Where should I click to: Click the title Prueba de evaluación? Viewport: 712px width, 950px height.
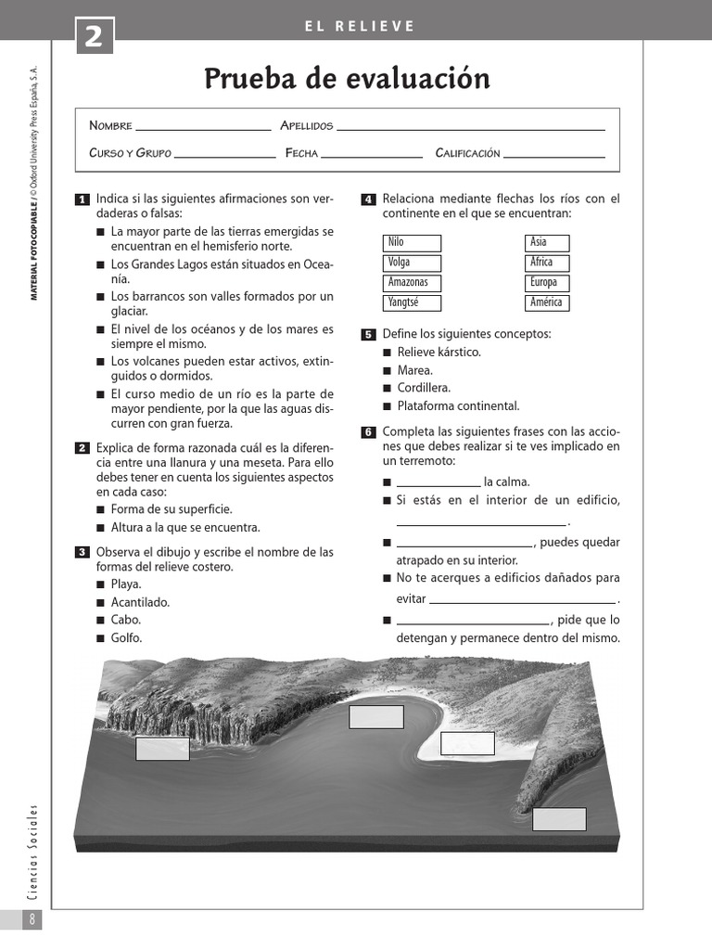click(x=347, y=80)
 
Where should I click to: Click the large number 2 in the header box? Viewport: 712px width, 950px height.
click(x=95, y=39)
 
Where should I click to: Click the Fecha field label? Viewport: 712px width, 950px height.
click(x=301, y=153)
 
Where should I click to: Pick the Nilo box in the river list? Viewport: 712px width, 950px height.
click(x=412, y=243)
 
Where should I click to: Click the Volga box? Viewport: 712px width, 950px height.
click(x=412, y=263)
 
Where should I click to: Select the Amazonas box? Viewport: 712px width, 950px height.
click(x=412, y=283)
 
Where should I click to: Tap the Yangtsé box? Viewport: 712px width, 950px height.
click(x=412, y=302)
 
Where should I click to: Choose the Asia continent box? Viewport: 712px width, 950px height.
click(x=547, y=243)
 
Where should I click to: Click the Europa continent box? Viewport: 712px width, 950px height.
click(x=547, y=283)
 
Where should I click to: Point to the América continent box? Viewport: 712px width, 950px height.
click(x=547, y=302)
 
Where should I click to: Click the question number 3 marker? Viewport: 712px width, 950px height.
click(x=82, y=553)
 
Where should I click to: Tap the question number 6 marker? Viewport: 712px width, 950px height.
click(x=367, y=432)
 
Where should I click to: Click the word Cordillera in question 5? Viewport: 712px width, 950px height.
click(x=425, y=388)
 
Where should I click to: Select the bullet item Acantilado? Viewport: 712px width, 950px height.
click(x=140, y=602)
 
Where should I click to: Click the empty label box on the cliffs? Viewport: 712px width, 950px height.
click(x=162, y=749)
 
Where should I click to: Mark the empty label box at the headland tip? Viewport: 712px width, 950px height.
click(x=559, y=819)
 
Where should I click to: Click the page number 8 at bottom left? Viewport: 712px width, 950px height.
click(x=32, y=919)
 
